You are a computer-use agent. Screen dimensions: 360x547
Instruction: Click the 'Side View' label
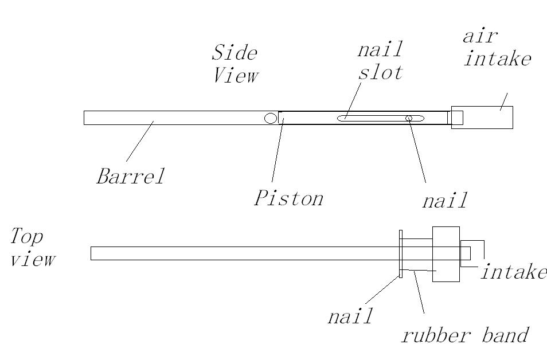click(x=235, y=64)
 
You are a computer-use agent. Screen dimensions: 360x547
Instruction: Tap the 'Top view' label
click(x=33, y=247)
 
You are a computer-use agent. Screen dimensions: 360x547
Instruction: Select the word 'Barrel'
click(x=130, y=175)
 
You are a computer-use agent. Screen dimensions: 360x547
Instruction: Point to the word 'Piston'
click(x=288, y=198)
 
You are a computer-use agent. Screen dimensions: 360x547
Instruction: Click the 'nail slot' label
click(x=380, y=60)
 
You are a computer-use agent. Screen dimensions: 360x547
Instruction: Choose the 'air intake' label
click(x=497, y=48)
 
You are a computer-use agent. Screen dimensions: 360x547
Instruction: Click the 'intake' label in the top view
click(x=513, y=271)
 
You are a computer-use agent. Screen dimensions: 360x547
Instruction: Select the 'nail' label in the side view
click(x=444, y=201)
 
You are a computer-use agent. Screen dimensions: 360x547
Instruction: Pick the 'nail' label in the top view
click(x=350, y=316)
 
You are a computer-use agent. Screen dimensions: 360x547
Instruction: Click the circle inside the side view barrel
click(x=270, y=118)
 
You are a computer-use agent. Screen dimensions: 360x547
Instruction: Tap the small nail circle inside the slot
click(x=409, y=118)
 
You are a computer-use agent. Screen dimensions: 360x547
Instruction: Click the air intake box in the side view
click(x=487, y=118)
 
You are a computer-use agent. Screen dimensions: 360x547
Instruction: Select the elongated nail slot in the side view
click(x=373, y=118)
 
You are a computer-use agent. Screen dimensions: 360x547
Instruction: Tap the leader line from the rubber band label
click(x=419, y=292)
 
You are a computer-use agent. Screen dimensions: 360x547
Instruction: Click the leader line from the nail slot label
click(x=353, y=100)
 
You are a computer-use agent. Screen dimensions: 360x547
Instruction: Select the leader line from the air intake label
click(x=503, y=101)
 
